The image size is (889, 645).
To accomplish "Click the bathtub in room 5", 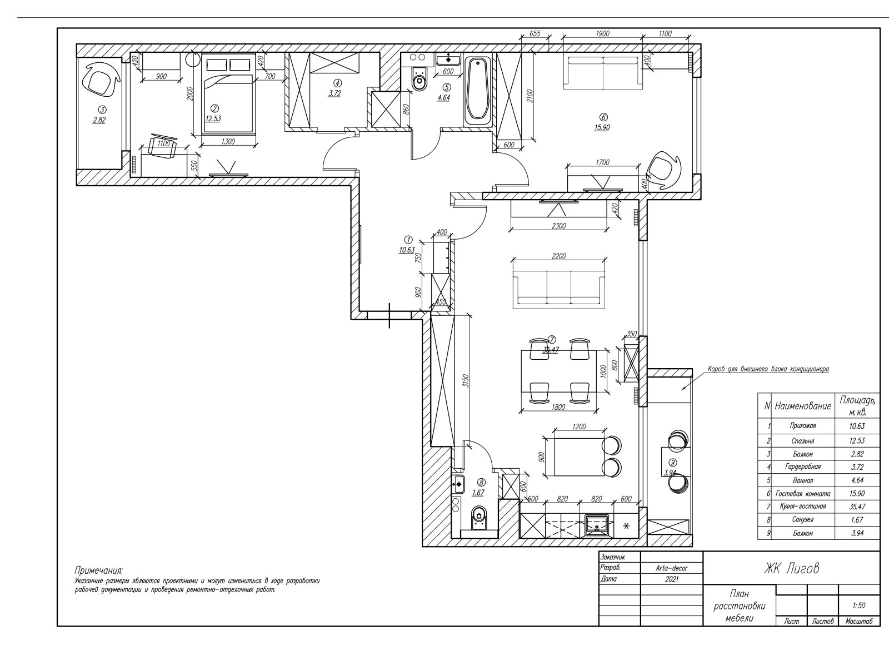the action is (x=478, y=92).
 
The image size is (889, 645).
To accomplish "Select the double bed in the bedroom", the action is (x=228, y=94).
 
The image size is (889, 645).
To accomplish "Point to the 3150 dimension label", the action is (x=466, y=381).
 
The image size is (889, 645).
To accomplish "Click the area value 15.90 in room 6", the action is (x=602, y=127).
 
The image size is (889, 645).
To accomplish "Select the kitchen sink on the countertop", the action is (x=597, y=525).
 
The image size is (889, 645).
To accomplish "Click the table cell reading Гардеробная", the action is (x=802, y=467).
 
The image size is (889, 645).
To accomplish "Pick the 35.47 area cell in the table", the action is (x=858, y=507).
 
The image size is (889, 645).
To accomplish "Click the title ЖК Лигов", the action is (x=791, y=568).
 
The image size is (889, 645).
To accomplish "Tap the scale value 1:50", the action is (x=858, y=606).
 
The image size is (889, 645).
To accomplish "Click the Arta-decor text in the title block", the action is (x=672, y=568).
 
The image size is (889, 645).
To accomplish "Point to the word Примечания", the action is (x=99, y=570).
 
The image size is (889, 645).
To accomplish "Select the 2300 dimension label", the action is (x=559, y=226).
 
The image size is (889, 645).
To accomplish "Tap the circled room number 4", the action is (x=337, y=83).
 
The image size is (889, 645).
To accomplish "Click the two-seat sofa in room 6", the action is (x=603, y=73).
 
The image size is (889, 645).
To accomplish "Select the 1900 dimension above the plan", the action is (x=602, y=34).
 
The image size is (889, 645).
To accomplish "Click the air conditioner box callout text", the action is (x=768, y=369).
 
